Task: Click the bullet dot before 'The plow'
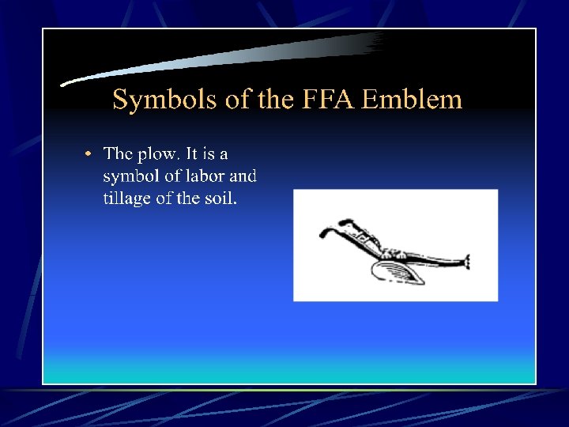(x=89, y=153)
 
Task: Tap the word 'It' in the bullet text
(x=192, y=153)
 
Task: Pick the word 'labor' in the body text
(x=202, y=176)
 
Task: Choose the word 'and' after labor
(x=243, y=176)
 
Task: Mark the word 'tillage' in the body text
(x=127, y=198)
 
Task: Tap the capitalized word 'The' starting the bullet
(x=119, y=153)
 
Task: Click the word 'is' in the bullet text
(x=211, y=153)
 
